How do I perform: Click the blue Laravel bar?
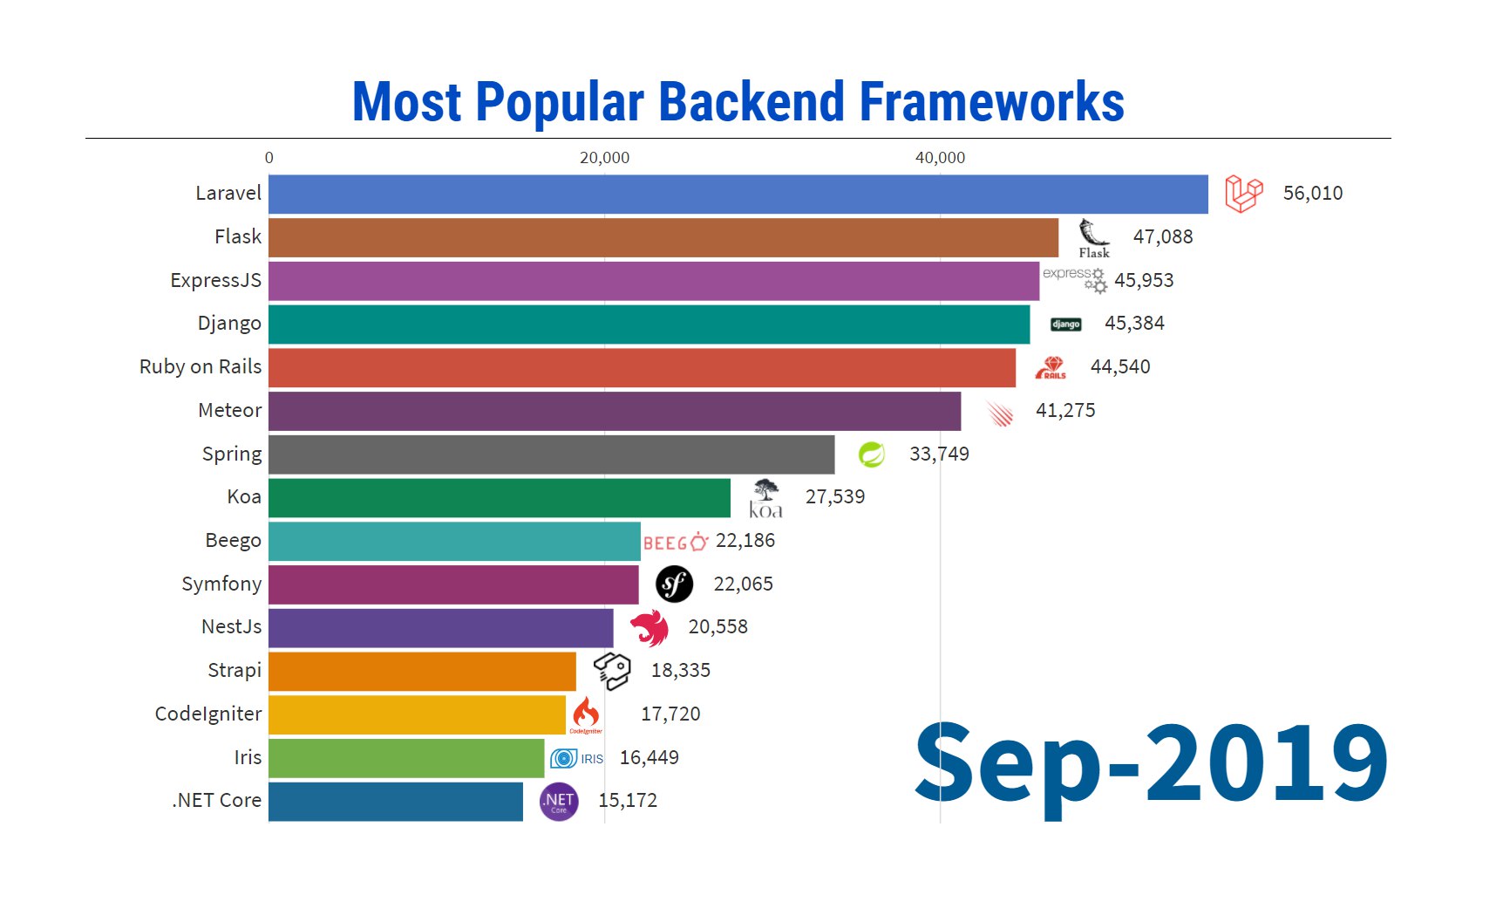(738, 194)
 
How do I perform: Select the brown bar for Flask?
(663, 237)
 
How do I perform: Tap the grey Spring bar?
(551, 454)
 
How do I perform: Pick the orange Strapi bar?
(422, 671)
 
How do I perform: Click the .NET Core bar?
(396, 801)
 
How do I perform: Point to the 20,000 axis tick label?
(604, 158)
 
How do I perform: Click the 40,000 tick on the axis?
(940, 158)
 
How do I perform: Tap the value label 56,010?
(1312, 194)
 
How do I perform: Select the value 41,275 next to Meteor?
(1064, 411)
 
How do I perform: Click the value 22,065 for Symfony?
(743, 584)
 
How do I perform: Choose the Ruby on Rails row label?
(201, 367)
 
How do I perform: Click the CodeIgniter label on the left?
(208, 714)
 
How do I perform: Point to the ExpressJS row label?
(215, 281)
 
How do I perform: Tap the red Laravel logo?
(1243, 194)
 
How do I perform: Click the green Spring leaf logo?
(871, 454)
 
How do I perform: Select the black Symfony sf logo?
(674, 584)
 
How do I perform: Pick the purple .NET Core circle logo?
(559, 802)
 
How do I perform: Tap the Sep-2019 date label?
(1151, 763)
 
